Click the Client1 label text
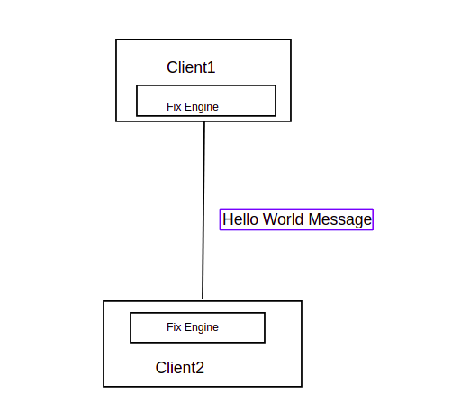pyautogui.click(x=191, y=67)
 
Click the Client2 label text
pyautogui.click(x=179, y=367)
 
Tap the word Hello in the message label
pyautogui.click(x=240, y=219)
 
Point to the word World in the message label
pyautogui.click(x=283, y=219)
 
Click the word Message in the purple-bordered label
pyautogui.click(x=340, y=219)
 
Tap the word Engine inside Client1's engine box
pyautogui.click(x=202, y=107)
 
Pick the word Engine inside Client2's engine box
pyautogui.click(x=202, y=327)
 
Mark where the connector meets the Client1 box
pyautogui.click(x=204, y=121)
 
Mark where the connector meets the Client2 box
pyautogui.click(x=203, y=300)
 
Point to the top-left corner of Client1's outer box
pyautogui.click(x=116, y=40)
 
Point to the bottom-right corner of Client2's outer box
pyautogui.click(x=302, y=387)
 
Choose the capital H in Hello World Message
pyautogui.click(x=228, y=219)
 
